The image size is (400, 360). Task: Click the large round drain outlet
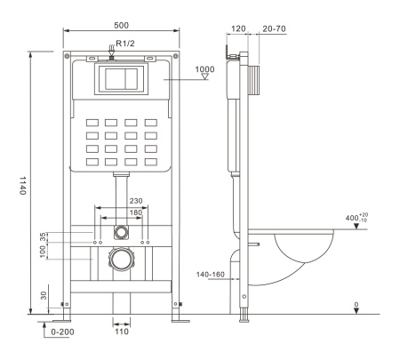121,261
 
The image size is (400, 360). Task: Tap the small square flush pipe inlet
121,232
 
